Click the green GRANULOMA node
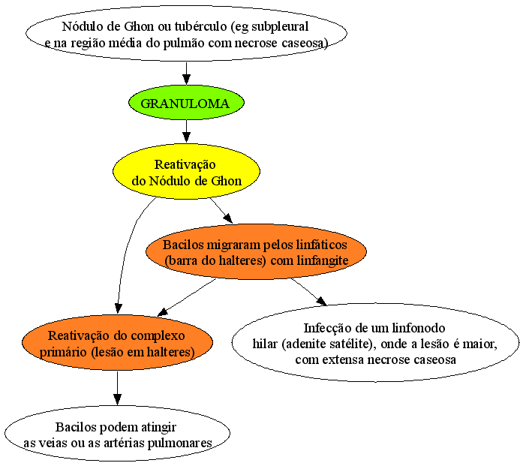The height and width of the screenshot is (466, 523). coord(186,103)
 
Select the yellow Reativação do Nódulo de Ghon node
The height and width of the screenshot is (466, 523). coord(186,171)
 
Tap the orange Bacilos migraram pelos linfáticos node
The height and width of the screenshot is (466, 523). coord(256,251)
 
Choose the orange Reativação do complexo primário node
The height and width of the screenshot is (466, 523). coord(117,343)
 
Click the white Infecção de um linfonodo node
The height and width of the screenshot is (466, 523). coord(375,343)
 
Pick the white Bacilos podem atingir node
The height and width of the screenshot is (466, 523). coord(117,434)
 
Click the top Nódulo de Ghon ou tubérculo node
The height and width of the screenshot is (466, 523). coord(186,33)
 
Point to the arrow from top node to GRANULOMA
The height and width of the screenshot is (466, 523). coord(186,74)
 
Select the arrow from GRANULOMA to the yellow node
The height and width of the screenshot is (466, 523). coord(186,131)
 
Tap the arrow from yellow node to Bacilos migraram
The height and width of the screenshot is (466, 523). coord(221,210)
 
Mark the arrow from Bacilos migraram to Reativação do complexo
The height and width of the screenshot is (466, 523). coord(187,297)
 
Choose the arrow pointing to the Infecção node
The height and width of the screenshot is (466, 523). coord(309,292)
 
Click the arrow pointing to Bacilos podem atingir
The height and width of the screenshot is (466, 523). coord(117,388)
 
